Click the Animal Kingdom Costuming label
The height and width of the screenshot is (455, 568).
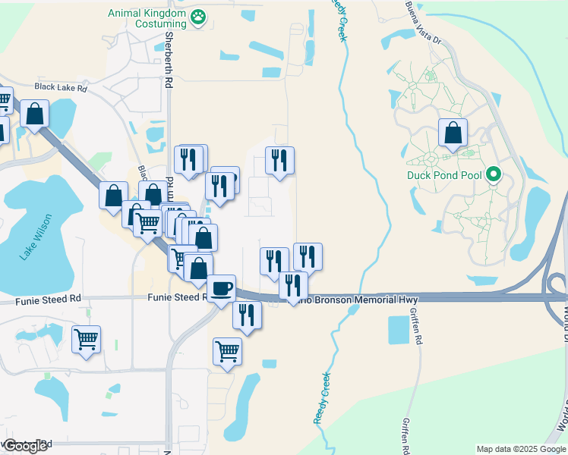(x=147, y=19)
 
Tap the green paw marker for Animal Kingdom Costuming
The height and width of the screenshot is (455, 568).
(x=198, y=16)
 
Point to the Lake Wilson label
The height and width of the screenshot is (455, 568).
(x=27, y=237)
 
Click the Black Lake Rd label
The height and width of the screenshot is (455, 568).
(x=61, y=88)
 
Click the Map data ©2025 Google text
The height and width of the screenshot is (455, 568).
(x=521, y=449)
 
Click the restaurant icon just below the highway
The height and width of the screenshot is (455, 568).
(x=247, y=314)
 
